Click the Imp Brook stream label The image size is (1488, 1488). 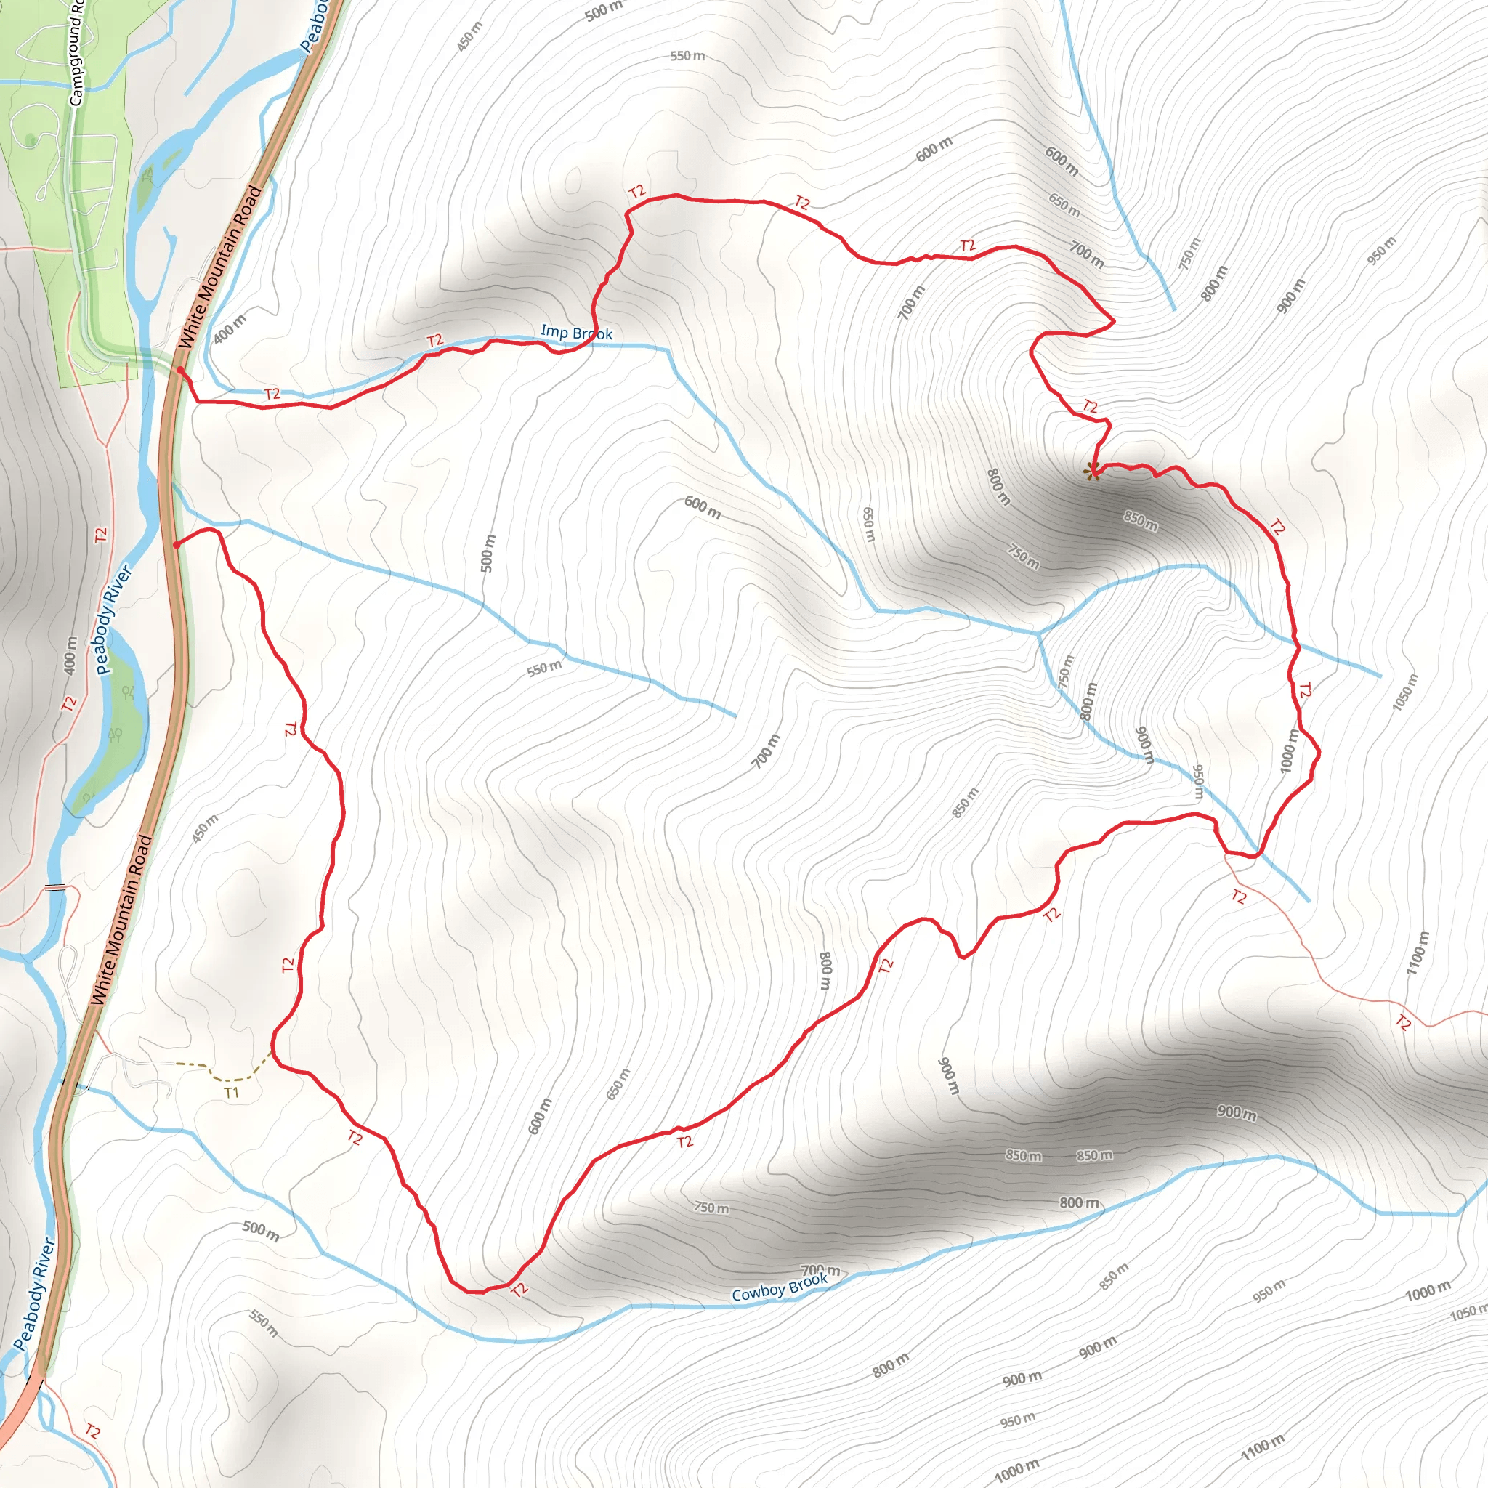click(576, 333)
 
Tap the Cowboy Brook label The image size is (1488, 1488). click(780, 1287)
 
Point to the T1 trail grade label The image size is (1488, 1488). click(232, 1093)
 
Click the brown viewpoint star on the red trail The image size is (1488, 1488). click(1092, 471)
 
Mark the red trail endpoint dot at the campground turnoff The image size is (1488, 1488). click(179, 371)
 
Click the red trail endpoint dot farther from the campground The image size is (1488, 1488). click(177, 546)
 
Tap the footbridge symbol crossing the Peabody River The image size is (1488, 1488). click(55, 888)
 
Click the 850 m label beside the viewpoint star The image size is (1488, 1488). click(1140, 522)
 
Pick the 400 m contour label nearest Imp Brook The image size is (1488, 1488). click(230, 330)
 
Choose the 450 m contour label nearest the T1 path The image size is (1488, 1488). click(205, 829)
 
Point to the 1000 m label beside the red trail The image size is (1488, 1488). click(1288, 751)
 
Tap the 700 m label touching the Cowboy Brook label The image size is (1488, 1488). click(820, 1269)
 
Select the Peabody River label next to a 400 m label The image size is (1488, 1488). click(116, 620)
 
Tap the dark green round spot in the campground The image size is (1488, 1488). click(30, 139)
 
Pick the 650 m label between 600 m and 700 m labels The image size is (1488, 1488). click(1064, 204)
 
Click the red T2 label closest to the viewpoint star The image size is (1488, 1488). click(1090, 406)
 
